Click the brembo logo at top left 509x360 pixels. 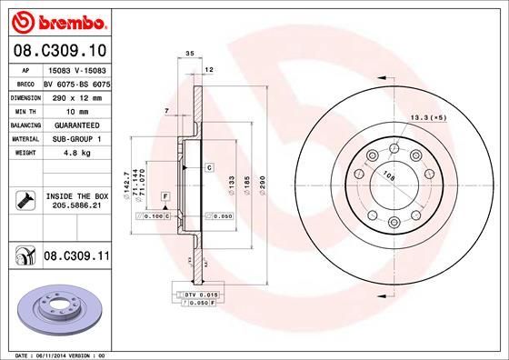click(x=56, y=19)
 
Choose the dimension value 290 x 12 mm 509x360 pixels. click(x=75, y=95)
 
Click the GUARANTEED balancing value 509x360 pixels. click(x=75, y=124)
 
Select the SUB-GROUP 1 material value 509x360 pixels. click(x=75, y=138)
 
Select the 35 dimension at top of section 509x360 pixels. click(x=189, y=55)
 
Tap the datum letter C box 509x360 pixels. click(x=208, y=168)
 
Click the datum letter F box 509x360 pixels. click(x=165, y=196)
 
